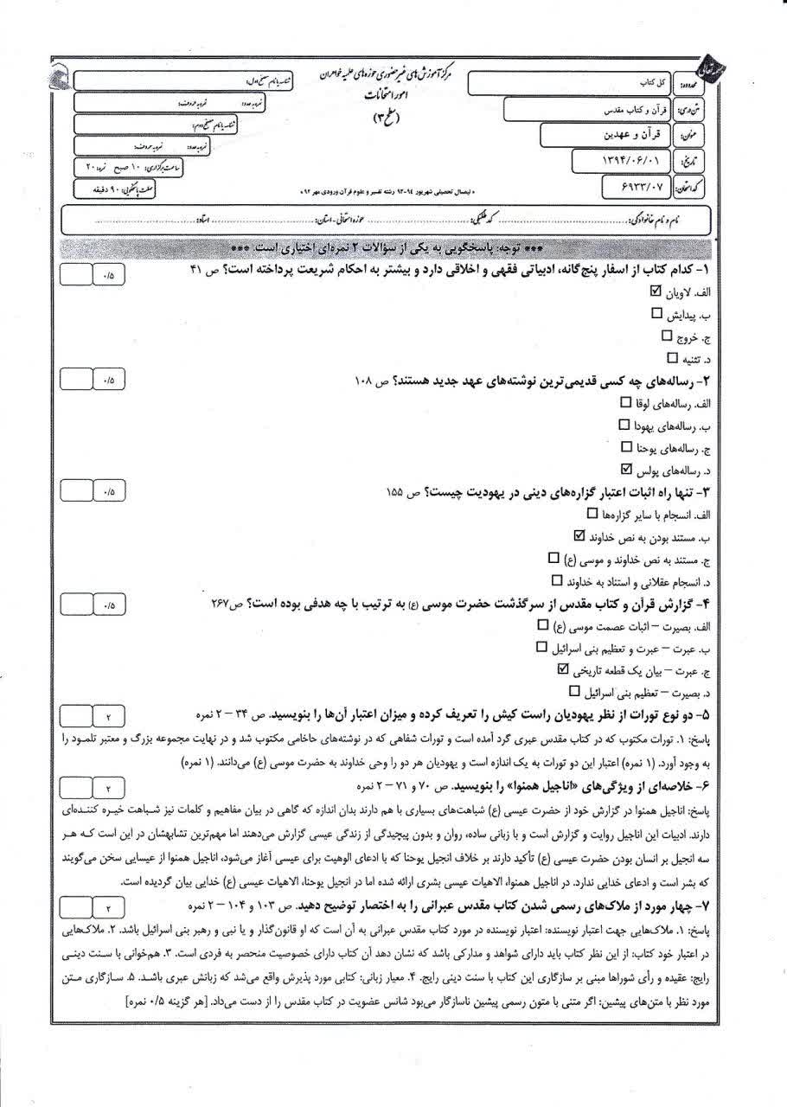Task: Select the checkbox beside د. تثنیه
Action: (673, 355)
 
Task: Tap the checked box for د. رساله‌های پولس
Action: (628, 470)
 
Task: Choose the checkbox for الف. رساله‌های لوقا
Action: (626, 402)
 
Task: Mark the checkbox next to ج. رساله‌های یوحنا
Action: (627, 447)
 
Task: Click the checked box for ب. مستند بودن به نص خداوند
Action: (579, 536)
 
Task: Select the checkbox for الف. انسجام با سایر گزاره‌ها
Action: (592, 514)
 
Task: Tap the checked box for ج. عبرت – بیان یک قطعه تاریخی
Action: (564, 669)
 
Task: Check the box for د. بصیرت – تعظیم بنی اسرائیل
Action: (575, 692)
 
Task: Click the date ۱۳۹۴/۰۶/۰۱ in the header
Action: (634, 160)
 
